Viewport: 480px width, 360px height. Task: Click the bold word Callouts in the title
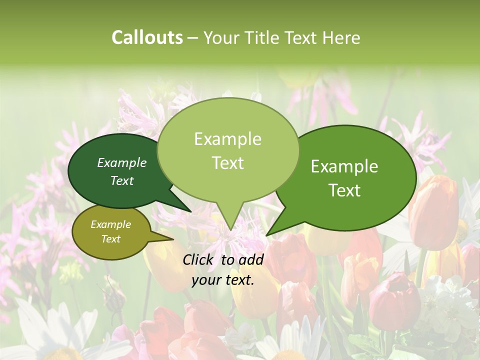pos(147,37)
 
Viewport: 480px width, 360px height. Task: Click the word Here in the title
pos(340,37)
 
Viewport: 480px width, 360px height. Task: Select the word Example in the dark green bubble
pos(122,162)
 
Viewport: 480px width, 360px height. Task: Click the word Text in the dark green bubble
pos(122,180)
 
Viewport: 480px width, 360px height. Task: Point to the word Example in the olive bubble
pos(110,224)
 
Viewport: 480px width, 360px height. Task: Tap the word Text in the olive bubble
pos(110,239)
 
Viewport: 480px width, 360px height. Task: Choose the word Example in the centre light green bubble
pos(227,139)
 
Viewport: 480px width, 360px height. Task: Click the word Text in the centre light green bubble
pos(227,163)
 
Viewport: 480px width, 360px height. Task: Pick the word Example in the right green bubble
pos(344,166)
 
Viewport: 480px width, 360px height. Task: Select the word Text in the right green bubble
pos(344,190)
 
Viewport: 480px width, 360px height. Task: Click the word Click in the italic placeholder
pos(199,259)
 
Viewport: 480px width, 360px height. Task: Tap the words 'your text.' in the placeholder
pos(223,280)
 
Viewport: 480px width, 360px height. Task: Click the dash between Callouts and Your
pos(193,37)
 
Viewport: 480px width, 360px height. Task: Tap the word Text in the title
pos(303,37)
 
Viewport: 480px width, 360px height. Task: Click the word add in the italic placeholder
pos(251,259)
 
